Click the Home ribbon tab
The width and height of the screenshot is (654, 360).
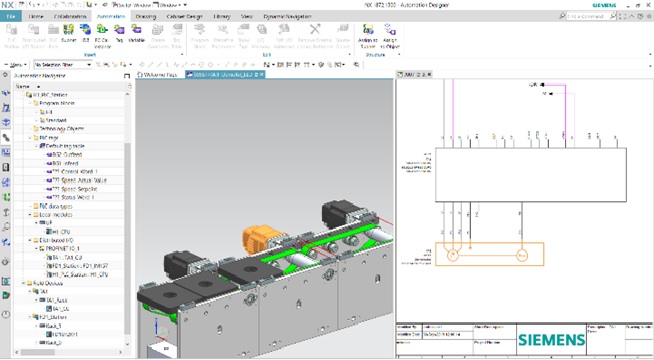[37, 18]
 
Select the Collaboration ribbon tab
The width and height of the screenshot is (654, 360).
[70, 18]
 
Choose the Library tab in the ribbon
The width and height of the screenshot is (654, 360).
[222, 18]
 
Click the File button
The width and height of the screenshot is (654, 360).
[12, 18]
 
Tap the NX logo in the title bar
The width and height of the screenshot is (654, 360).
[7, 5]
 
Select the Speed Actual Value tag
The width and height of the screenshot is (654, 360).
[79, 178]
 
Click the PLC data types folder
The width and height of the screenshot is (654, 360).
[54, 205]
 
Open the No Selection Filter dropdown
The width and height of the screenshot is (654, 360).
[69, 64]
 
